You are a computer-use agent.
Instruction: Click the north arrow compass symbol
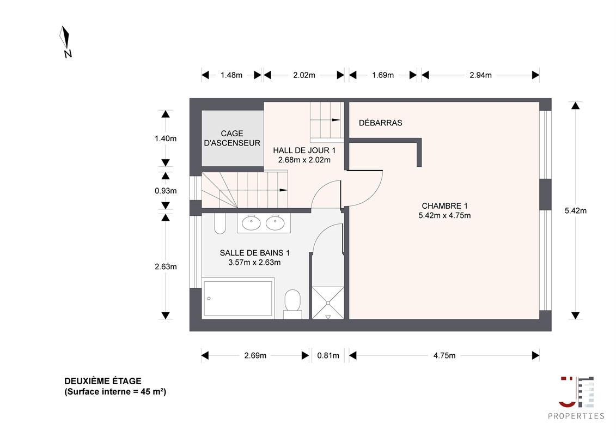(x=65, y=41)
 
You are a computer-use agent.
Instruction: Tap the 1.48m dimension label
(x=231, y=75)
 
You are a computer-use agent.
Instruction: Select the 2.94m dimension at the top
(x=480, y=75)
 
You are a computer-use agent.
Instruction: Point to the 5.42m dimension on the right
(x=576, y=211)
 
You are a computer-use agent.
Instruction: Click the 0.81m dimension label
(x=328, y=356)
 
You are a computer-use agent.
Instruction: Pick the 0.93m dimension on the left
(x=166, y=191)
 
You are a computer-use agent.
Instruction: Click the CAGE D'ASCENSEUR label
(x=232, y=138)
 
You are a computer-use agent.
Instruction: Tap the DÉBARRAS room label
(x=380, y=123)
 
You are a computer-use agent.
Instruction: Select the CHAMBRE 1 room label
(x=444, y=205)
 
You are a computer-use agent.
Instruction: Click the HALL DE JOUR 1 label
(x=304, y=150)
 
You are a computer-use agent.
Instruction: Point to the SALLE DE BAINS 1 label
(x=254, y=253)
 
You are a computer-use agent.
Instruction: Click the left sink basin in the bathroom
(x=251, y=223)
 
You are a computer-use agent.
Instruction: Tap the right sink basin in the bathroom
(x=275, y=223)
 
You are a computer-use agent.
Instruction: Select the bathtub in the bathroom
(x=238, y=297)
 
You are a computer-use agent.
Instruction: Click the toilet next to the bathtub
(x=292, y=304)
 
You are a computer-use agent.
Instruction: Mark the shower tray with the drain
(x=328, y=302)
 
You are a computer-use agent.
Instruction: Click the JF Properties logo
(x=576, y=397)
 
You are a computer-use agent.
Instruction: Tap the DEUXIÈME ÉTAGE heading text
(x=103, y=381)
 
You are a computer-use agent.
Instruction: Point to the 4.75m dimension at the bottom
(x=444, y=356)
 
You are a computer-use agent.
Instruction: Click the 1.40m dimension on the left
(x=166, y=138)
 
